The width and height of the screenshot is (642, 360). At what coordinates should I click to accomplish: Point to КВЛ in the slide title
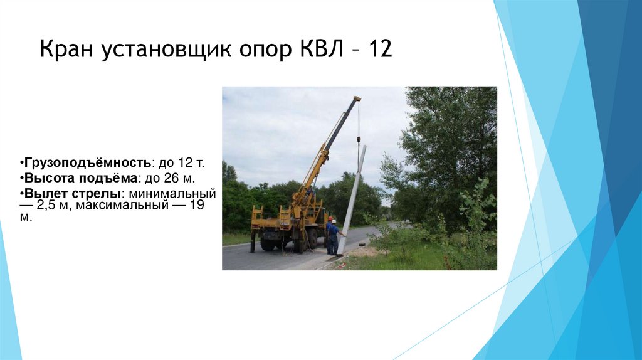pyautogui.click(x=318, y=49)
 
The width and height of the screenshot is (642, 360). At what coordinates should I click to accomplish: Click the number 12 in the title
pyautogui.click(x=380, y=49)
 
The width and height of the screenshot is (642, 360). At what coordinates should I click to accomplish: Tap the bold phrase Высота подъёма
pyautogui.click(x=79, y=178)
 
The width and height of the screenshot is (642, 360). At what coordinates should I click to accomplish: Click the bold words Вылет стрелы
pyautogui.click(x=71, y=193)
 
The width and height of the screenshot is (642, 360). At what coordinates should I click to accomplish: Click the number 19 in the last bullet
pyautogui.click(x=197, y=206)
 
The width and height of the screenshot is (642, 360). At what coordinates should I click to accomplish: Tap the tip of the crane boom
pyautogui.click(x=357, y=98)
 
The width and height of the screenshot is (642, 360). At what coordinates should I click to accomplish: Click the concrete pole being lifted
pyautogui.click(x=350, y=201)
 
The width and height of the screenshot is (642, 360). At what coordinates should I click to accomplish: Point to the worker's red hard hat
pyautogui.click(x=330, y=219)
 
